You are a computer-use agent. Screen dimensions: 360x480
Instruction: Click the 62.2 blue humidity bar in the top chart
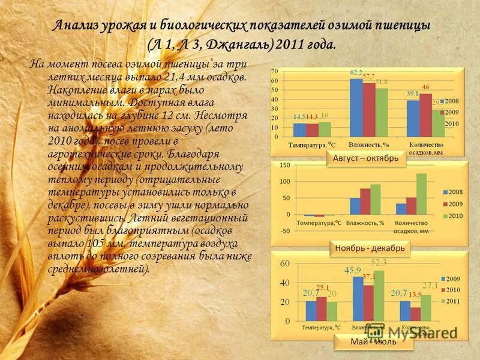click(356, 108)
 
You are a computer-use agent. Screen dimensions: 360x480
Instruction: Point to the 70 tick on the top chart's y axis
click(275, 71)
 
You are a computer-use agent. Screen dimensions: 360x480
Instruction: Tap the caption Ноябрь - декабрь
click(370, 248)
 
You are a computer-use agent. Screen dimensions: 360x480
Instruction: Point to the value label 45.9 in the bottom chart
click(352, 271)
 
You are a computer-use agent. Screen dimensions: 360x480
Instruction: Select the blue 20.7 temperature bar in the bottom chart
click(311, 309)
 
